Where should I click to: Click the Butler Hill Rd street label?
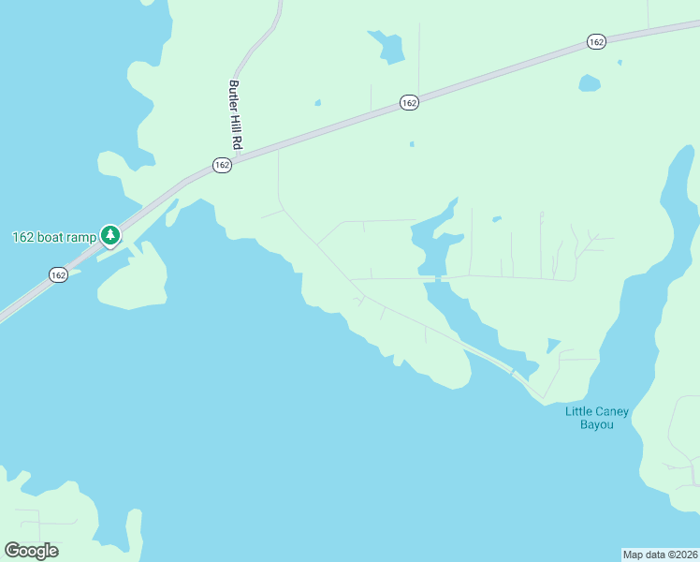point(236,115)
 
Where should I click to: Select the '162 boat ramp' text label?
point(54,237)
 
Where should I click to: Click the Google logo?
point(31,551)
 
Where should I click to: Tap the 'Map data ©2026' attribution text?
point(660,554)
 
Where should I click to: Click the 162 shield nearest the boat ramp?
point(58,274)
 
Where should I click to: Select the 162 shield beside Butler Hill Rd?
point(221,165)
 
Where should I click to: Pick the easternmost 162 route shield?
point(597,41)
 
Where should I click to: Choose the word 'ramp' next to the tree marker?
point(82,237)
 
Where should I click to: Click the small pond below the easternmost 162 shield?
point(589,83)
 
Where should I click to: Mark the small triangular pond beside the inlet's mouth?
point(553,345)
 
